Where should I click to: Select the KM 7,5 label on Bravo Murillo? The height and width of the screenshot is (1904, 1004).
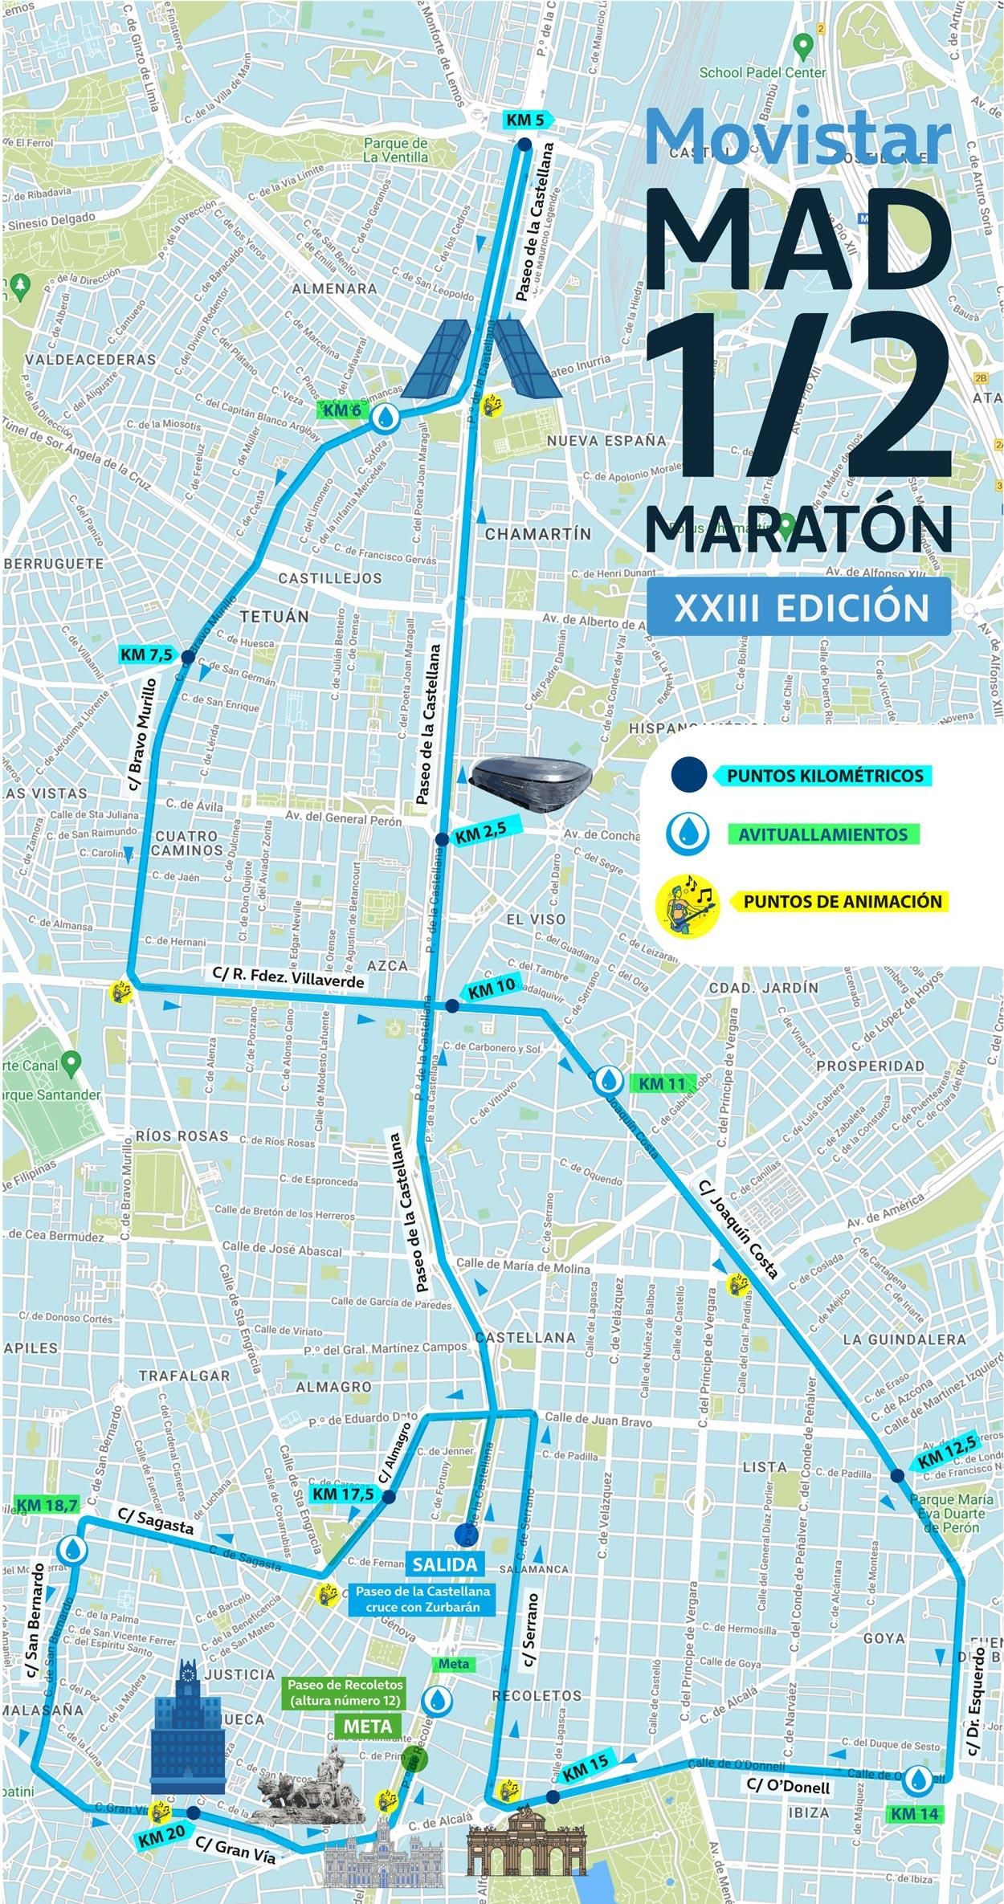tap(146, 654)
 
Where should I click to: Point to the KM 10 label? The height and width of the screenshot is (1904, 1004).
tap(492, 990)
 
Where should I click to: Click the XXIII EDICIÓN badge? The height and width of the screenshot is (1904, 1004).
tap(801, 608)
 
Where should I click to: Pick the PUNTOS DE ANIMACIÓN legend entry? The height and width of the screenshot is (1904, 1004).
tap(843, 900)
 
